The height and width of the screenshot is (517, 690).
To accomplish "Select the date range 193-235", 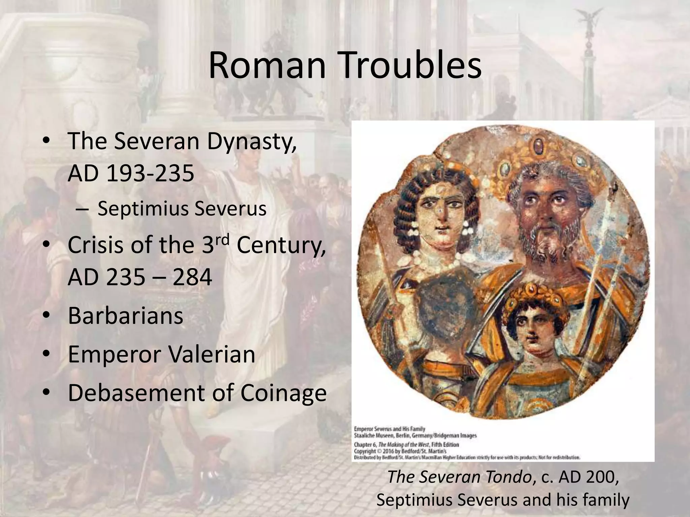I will pyautogui.click(x=150, y=173).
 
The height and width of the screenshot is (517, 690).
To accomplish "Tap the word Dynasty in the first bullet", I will pyautogui.click(x=251, y=141).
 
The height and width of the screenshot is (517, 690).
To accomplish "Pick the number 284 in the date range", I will pyautogui.click(x=192, y=277).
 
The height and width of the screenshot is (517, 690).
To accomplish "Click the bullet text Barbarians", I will pyautogui.click(x=125, y=316).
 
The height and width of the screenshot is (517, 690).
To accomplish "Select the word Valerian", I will pyautogui.click(x=211, y=354).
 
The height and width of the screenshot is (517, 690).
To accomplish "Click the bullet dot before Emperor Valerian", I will pyautogui.click(x=47, y=354).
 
